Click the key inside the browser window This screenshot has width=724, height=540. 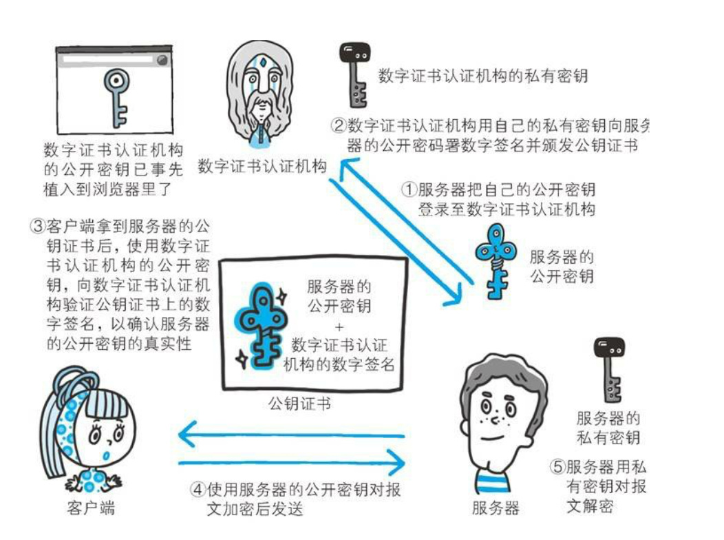click(114, 97)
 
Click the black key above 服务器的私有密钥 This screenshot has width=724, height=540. click(609, 369)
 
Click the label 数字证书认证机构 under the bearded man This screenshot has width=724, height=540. click(262, 167)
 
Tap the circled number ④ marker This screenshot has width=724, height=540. click(198, 490)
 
